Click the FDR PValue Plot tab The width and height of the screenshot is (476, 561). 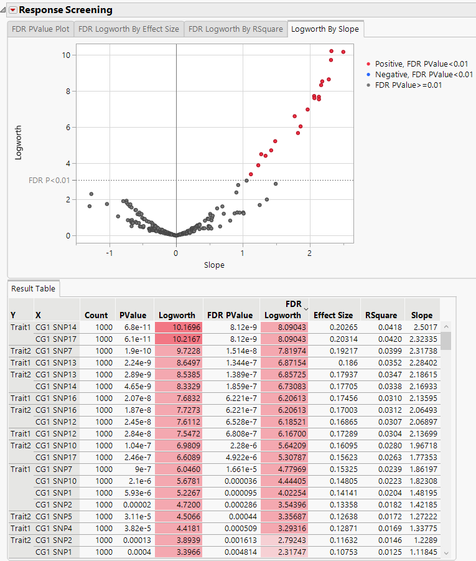[40, 29]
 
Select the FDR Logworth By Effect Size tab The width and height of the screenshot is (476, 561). [129, 29]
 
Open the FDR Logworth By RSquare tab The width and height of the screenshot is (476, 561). [236, 29]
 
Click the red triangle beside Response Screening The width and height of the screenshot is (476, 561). [12, 10]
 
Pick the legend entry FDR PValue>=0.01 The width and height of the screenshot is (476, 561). [413, 85]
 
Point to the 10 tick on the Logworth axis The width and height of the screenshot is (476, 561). [65, 55]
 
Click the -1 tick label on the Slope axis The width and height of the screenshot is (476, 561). [110, 253]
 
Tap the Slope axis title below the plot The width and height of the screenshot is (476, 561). [214, 265]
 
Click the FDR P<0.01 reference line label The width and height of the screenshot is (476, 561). [49, 181]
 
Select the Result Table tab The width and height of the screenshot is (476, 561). [33, 289]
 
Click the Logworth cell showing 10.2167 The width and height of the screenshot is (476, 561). [179, 339]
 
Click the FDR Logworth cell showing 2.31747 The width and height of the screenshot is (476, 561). [285, 552]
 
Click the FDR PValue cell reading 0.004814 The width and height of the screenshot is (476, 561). [230, 552]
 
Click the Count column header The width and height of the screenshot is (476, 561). [96, 315]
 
